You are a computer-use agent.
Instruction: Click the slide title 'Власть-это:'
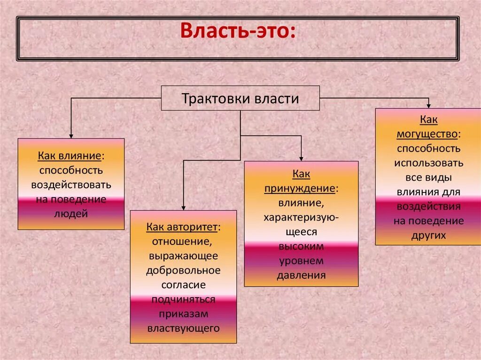(238, 32)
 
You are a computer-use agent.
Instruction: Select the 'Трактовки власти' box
(240, 99)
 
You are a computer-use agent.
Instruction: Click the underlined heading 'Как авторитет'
(182, 227)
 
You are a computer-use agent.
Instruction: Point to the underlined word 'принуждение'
(300, 189)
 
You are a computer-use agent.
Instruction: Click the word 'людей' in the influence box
(71, 214)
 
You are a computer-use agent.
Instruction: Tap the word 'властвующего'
(184, 328)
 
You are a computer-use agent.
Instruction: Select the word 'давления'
(301, 276)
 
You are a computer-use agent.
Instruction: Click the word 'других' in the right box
(428, 236)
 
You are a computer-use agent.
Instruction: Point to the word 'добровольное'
(183, 270)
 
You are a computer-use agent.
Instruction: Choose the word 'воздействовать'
(71, 185)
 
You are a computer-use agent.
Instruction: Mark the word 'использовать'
(428, 163)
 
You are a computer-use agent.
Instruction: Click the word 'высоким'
(301, 246)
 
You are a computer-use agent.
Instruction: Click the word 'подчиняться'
(184, 299)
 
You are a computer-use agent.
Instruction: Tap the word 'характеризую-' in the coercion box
(301, 218)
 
